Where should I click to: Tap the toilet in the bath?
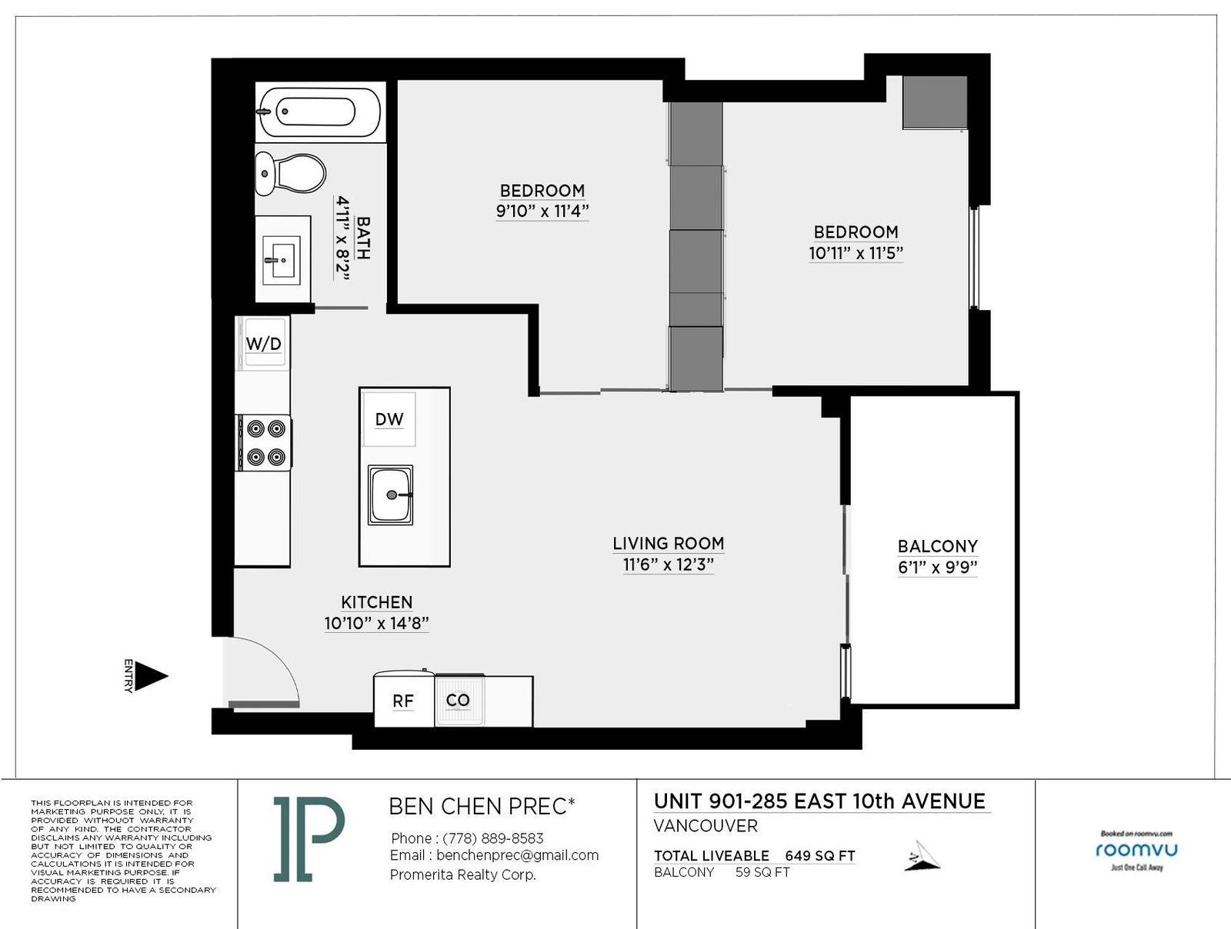pos(290,173)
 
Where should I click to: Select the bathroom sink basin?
pos(282,260)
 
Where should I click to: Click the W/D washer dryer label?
pos(264,344)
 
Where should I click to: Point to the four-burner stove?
pos(264,443)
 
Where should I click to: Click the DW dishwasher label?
pos(389,419)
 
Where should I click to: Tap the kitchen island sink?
pos(390,494)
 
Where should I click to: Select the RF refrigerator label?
pos(402,701)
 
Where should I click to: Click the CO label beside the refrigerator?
pos(458,700)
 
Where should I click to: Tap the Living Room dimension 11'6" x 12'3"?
pos(668,564)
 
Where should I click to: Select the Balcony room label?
pos(938,546)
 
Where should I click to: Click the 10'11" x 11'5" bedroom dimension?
pos(856,253)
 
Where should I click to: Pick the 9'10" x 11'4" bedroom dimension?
pos(542,211)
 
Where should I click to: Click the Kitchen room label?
pos(377,602)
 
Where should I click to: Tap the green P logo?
pos(309,839)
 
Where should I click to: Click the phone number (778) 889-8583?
pos(493,838)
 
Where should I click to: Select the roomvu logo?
pos(1137,850)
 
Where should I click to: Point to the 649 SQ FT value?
pos(820,856)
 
